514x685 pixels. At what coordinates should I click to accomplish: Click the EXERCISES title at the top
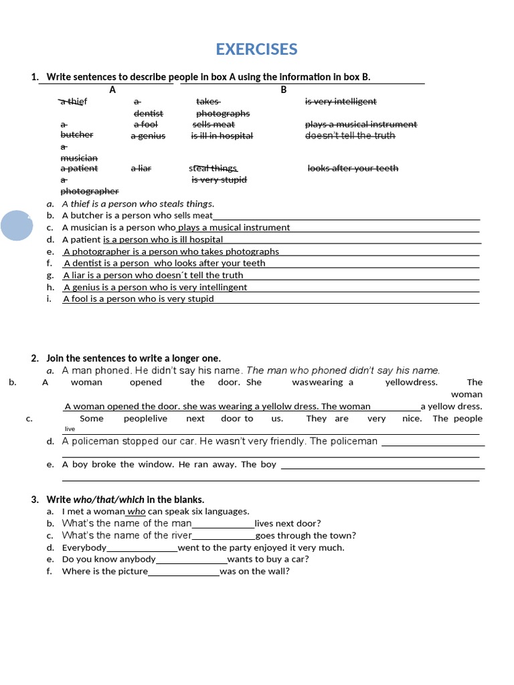(x=256, y=50)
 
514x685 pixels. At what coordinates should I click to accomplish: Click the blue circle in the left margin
(x=17, y=225)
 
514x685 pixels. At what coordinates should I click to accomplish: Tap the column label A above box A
(x=112, y=89)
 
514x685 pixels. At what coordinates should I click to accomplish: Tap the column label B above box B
(x=283, y=89)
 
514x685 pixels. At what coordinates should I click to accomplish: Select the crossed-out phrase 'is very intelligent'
(x=341, y=101)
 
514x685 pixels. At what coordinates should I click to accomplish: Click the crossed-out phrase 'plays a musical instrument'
(x=361, y=124)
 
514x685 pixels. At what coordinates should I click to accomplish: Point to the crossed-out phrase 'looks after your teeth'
(x=353, y=169)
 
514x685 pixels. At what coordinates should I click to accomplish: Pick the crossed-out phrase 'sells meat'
(x=213, y=124)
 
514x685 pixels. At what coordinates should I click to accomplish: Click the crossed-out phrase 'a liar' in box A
(x=141, y=169)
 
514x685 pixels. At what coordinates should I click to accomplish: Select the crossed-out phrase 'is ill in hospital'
(x=222, y=136)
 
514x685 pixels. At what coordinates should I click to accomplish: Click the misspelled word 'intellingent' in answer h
(x=222, y=287)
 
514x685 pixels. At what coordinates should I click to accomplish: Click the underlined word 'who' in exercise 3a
(x=136, y=511)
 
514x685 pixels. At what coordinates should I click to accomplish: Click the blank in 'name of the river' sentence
(x=223, y=536)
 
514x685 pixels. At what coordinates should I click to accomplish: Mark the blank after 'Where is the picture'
(x=183, y=572)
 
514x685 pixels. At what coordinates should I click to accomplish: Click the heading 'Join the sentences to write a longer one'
(x=133, y=359)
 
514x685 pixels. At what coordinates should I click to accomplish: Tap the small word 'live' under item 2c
(x=70, y=429)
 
